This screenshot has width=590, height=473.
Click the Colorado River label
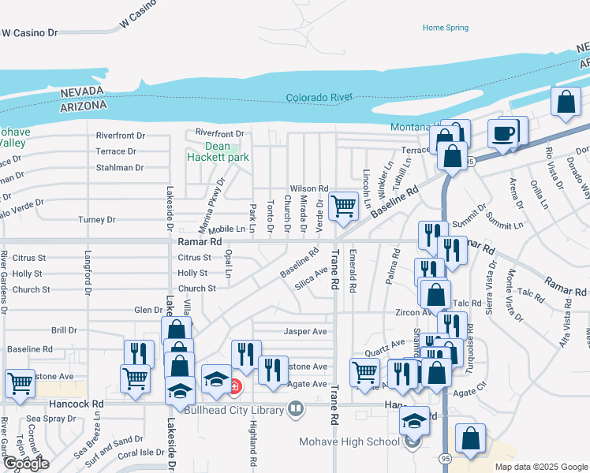click(319, 98)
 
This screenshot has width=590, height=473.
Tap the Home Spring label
click(445, 28)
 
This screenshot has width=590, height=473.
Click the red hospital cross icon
click(235, 385)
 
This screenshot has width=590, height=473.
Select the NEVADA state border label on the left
click(83, 93)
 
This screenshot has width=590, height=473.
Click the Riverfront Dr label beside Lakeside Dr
click(121, 136)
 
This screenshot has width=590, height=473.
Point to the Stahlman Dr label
click(119, 168)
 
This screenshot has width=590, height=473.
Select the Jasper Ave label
click(305, 332)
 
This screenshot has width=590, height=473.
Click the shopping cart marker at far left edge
click(20, 382)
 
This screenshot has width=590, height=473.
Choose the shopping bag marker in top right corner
click(566, 102)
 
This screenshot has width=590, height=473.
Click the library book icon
click(295, 408)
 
